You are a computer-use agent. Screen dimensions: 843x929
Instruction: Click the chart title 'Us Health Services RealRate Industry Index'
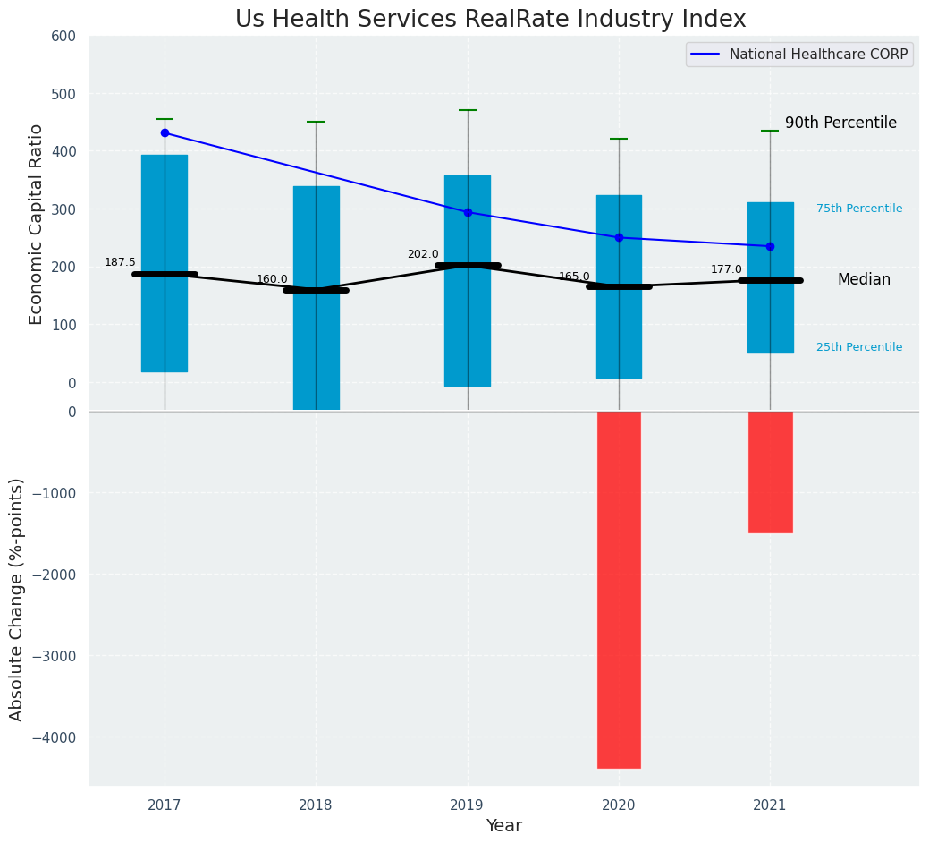(x=490, y=20)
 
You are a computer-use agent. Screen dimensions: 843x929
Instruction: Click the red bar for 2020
(x=619, y=589)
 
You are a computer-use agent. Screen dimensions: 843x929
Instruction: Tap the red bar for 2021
(x=770, y=472)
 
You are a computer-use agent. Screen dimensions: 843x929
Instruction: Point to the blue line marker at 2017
(x=165, y=132)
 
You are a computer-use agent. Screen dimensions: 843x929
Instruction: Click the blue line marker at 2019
(x=468, y=212)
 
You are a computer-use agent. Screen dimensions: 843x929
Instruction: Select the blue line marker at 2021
(x=770, y=246)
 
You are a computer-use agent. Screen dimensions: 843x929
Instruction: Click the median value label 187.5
(x=120, y=262)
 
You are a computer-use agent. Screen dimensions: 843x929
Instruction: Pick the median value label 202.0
(x=423, y=254)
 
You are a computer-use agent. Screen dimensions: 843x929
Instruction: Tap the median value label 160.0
(x=272, y=279)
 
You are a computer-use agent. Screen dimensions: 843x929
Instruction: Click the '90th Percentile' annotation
(x=840, y=123)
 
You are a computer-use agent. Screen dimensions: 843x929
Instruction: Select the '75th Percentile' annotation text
(x=859, y=209)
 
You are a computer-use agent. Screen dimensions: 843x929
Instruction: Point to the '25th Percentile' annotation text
(x=859, y=347)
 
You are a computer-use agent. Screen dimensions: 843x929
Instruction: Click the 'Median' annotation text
(x=864, y=280)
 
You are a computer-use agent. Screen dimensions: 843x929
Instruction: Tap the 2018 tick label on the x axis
(x=316, y=805)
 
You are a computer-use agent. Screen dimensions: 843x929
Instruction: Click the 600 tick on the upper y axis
(x=70, y=36)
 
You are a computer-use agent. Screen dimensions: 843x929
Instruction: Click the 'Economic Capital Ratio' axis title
(x=37, y=224)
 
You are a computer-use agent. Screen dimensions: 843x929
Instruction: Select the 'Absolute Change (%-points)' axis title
(x=17, y=599)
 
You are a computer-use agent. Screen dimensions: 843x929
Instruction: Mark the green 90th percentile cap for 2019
(x=468, y=110)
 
